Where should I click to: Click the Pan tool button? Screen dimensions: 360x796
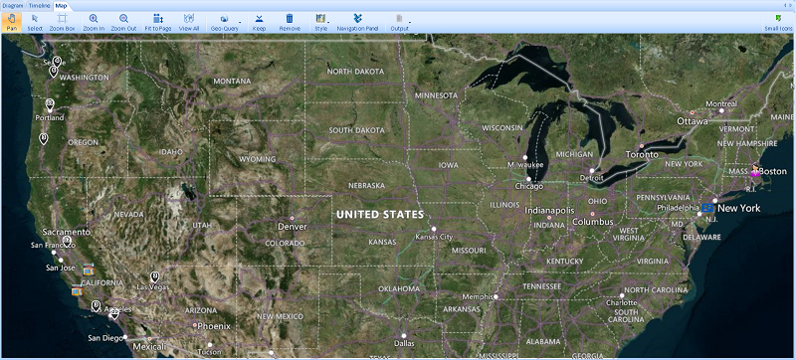coord(11,22)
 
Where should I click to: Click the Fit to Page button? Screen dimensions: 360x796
coord(157,22)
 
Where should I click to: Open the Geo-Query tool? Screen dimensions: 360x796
coord(224,22)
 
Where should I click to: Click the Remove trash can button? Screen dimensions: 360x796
coord(289,22)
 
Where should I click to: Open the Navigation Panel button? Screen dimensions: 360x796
coord(357,22)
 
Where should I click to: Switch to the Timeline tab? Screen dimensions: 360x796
coord(39,6)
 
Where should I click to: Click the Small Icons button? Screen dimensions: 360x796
coord(778,22)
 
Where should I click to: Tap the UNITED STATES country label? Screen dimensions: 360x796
coord(379,215)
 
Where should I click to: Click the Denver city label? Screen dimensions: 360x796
coord(297,226)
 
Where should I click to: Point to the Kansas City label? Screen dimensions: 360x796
coord(434,237)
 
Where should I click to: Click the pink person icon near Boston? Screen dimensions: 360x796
coord(756,171)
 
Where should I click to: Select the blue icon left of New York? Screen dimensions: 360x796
coord(706,207)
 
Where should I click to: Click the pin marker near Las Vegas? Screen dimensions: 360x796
coord(154,275)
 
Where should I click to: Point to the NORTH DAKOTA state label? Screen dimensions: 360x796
coord(355,72)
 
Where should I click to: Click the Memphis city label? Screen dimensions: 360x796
coord(478,296)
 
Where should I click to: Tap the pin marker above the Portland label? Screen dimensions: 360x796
coord(50,103)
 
